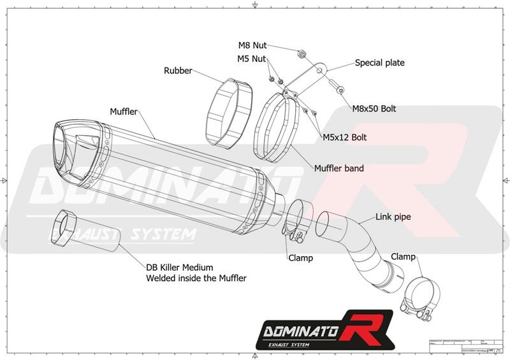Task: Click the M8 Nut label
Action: (x=252, y=45)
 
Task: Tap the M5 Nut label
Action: (x=252, y=59)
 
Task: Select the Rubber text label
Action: (x=178, y=71)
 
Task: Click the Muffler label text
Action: (x=124, y=112)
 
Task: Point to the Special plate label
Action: (x=379, y=63)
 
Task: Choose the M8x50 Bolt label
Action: (x=374, y=108)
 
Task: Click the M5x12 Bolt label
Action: (x=344, y=137)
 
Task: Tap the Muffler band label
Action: (x=339, y=169)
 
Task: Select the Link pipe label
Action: (x=393, y=217)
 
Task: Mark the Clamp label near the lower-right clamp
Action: (x=403, y=257)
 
